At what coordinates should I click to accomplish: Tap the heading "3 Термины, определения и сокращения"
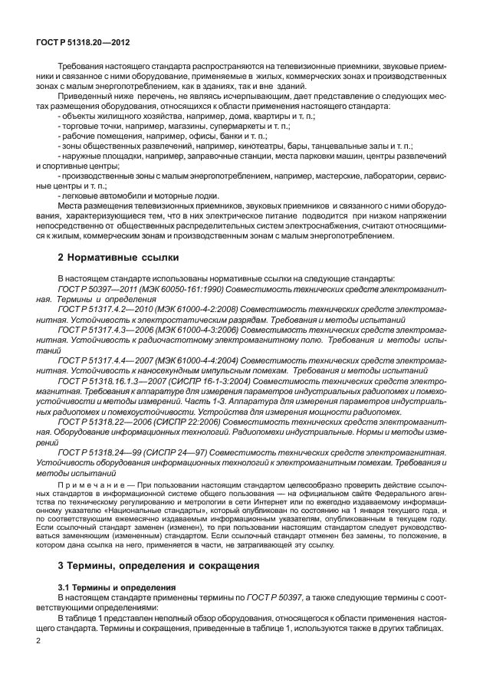[159, 546]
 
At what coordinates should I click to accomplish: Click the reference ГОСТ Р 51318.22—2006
[103, 422]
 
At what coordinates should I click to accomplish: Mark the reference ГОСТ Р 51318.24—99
[99, 453]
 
